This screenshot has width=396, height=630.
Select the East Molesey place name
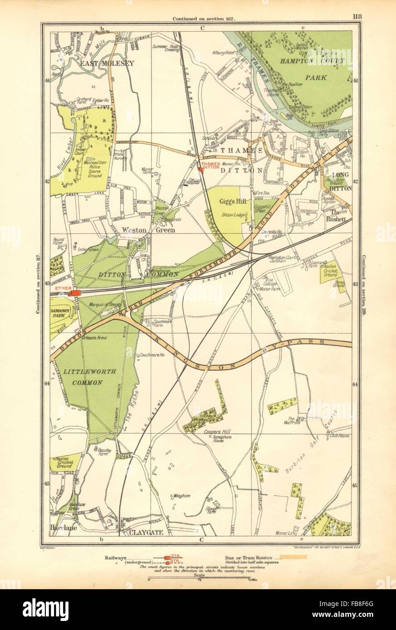point(107,64)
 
